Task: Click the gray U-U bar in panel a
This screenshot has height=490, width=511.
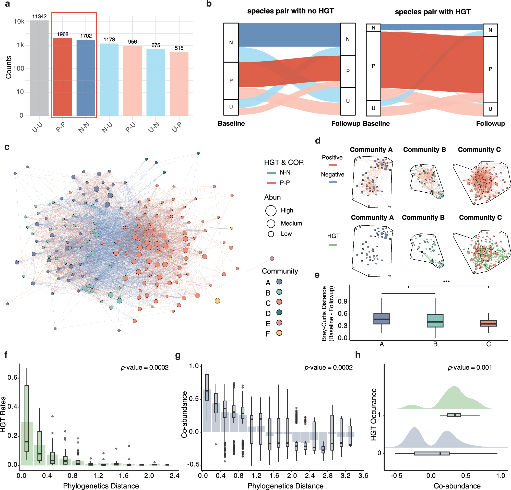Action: (39, 68)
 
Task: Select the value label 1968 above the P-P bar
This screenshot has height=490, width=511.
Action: (63, 34)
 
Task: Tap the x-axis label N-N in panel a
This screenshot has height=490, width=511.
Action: (84, 127)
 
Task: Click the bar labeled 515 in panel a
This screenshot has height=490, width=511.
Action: (179, 84)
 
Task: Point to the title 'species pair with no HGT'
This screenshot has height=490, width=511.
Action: (290, 11)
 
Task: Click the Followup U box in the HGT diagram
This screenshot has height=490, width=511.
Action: (490, 109)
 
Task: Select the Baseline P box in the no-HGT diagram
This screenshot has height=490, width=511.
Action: (231, 81)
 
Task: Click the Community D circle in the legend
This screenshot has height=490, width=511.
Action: (279, 312)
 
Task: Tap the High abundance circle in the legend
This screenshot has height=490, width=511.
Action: (271, 211)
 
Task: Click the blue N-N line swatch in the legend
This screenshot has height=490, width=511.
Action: (271, 173)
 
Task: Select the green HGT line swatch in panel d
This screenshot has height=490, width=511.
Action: (333, 245)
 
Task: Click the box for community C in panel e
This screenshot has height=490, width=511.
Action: (488, 323)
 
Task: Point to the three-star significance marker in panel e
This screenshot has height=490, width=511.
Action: (446, 282)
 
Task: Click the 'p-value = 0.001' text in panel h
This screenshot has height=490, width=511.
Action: (470, 367)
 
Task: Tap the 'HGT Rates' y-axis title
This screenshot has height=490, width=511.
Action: (3, 414)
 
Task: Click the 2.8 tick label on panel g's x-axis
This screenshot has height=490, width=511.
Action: (327, 475)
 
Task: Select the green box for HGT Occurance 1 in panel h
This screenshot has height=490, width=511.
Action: (454, 415)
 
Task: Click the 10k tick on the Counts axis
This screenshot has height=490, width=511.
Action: (19, 21)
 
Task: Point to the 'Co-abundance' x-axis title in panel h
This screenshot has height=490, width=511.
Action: (457, 486)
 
